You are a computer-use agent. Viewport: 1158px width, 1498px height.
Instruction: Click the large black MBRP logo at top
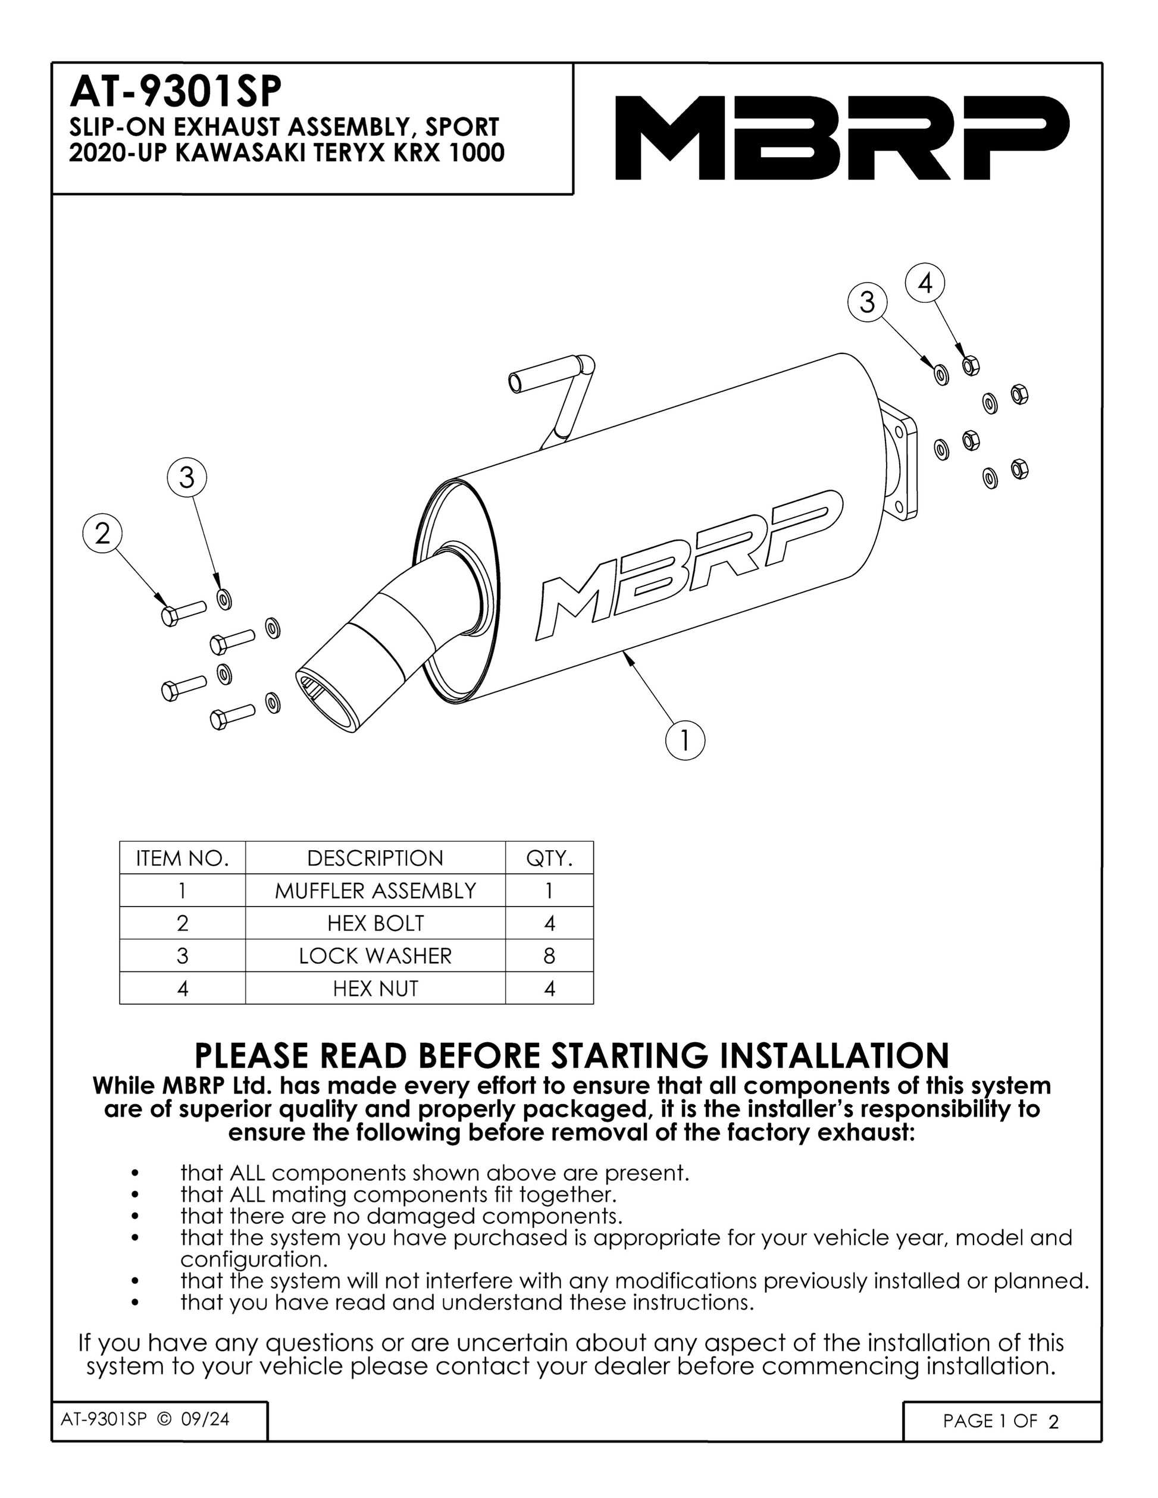click(x=843, y=137)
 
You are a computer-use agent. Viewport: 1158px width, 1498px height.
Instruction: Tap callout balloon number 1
click(x=685, y=740)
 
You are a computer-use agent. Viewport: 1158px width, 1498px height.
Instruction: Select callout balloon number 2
click(x=102, y=534)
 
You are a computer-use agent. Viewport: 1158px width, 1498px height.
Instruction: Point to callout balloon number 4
click(x=925, y=283)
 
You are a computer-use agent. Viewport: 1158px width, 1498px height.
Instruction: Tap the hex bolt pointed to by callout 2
click(x=184, y=612)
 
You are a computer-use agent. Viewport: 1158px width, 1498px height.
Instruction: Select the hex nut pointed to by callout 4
click(x=970, y=366)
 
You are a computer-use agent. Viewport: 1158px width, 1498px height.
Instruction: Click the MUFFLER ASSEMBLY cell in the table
click(x=375, y=891)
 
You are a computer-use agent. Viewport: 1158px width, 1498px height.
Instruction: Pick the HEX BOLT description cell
click(x=375, y=923)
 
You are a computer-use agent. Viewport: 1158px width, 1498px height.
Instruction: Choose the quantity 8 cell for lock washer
click(x=549, y=955)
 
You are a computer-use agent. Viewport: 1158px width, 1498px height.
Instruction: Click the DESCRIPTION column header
click(x=375, y=858)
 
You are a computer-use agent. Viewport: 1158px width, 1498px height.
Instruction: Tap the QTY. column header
click(x=549, y=858)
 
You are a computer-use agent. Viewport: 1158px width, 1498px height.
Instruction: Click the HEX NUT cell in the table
click(x=375, y=988)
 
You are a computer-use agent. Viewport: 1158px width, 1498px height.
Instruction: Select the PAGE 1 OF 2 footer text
click(x=1001, y=1421)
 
